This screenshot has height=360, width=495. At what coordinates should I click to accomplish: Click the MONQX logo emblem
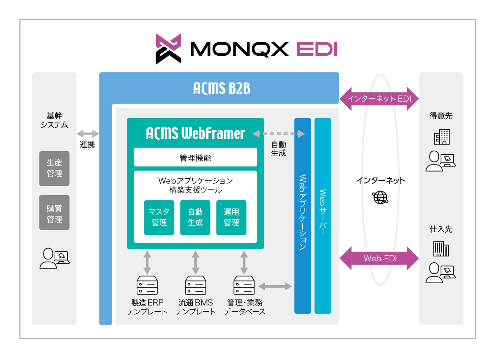tap(168, 49)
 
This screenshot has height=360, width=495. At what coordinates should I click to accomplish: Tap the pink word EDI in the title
tap(317, 49)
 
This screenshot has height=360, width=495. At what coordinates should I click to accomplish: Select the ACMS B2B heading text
tap(222, 88)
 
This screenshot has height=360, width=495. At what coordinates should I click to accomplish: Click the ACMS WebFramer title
tap(195, 133)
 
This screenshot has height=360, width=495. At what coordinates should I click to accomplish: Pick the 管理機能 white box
tap(195, 158)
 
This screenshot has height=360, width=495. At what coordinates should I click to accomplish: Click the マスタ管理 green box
tap(159, 217)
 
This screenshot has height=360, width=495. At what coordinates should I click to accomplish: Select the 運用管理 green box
tap(231, 217)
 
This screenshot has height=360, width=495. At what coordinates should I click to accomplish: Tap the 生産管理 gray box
tap(54, 168)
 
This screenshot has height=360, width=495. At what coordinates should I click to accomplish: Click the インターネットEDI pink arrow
tap(379, 99)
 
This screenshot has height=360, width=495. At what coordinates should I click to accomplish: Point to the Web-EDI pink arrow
tap(379, 258)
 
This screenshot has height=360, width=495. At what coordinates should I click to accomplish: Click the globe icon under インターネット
tap(380, 197)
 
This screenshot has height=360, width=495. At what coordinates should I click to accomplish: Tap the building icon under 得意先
tap(442, 137)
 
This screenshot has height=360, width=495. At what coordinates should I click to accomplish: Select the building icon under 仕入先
tap(441, 249)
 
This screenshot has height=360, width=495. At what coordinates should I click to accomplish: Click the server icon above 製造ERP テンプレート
tap(147, 285)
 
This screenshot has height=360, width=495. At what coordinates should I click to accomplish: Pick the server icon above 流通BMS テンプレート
tap(195, 285)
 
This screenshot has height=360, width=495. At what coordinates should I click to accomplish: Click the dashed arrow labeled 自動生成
tap(279, 134)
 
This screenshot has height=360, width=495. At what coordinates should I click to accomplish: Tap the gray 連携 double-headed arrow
tap(88, 134)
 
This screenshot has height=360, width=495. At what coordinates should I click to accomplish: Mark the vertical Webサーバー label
tap(323, 212)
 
